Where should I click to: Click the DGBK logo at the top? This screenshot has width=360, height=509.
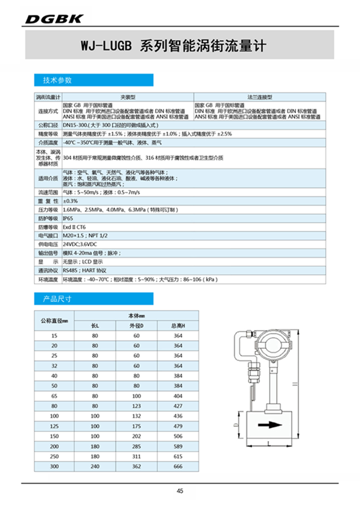(54, 19)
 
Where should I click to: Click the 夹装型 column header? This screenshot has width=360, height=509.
(127, 96)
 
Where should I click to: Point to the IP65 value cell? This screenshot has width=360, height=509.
(68, 218)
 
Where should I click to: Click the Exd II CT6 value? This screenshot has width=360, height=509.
(74, 227)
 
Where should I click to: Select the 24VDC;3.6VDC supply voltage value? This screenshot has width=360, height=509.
(80, 244)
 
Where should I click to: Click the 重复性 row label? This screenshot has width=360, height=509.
(48, 201)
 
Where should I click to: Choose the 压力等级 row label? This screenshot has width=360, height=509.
(48, 210)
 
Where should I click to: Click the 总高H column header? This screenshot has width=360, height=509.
(178, 326)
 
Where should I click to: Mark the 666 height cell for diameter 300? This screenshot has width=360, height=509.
(178, 466)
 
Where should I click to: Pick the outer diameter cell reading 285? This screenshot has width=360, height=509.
(137, 446)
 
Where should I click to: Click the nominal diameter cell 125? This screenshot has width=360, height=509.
(54, 426)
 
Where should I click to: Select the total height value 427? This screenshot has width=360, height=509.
(178, 406)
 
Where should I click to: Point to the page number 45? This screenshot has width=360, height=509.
(180, 491)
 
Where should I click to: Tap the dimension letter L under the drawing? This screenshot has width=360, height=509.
(269, 444)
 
